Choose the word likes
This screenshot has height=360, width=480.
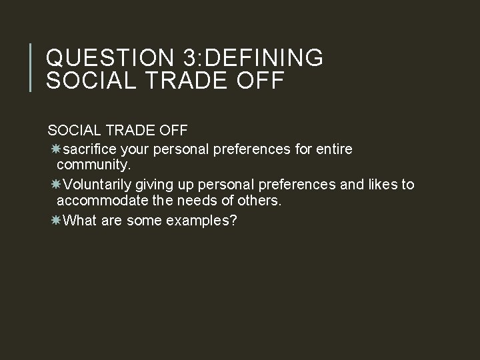(381, 185)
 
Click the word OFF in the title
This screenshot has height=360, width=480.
(261, 81)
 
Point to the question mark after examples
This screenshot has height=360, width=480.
(233, 220)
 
